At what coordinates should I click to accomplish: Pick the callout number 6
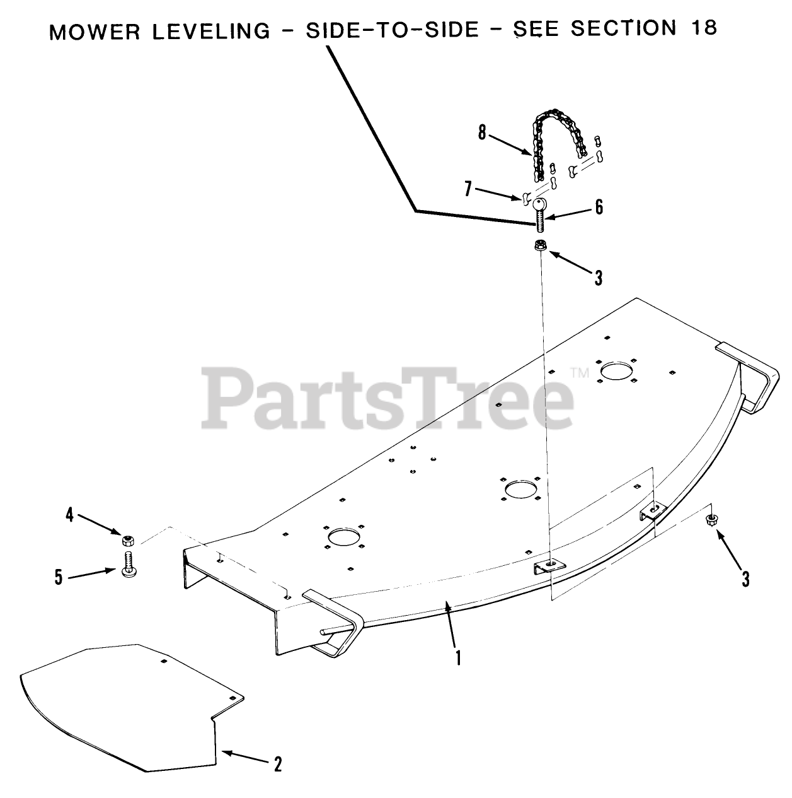[598, 206]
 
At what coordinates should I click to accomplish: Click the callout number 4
[70, 515]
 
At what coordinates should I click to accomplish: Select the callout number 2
[277, 765]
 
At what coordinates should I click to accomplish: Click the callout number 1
[458, 659]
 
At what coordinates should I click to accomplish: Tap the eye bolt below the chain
[540, 214]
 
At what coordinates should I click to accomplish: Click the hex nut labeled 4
[127, 541]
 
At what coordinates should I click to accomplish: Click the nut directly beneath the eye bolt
[540, 247]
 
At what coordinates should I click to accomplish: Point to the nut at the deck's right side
[713, 520]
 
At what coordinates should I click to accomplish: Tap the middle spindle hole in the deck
[520, 488]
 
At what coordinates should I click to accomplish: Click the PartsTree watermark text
[387, 397]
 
